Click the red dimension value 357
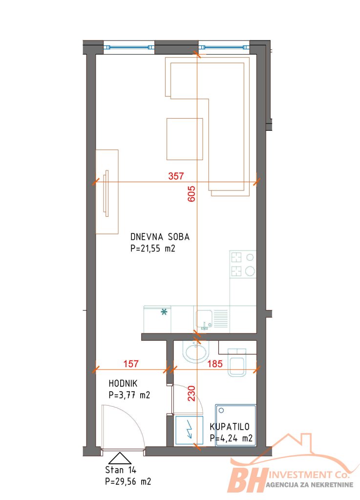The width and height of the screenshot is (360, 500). [x=176, y=176]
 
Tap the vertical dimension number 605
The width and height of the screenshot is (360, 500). [x=191, y=194]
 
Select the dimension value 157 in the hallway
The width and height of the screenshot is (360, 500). [x=131, y=363]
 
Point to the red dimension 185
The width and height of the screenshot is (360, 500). [x=215, y=363]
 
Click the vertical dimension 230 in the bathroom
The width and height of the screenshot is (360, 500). [x=191, y=393]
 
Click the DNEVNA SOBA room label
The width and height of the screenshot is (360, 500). [x=160, y=237]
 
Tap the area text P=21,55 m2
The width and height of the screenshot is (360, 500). [x=153, y=249]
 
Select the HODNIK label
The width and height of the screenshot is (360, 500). [x=123, y=383]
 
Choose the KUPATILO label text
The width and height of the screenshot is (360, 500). [x=230, y=427]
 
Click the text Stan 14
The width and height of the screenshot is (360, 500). [x=121, y=470]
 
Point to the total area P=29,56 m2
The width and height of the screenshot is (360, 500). [x=128, y=481]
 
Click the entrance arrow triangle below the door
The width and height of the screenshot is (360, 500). [x=120, y=458]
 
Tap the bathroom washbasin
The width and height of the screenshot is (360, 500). [x=195, y=352]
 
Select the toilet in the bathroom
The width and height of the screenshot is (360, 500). [x=237, y=363]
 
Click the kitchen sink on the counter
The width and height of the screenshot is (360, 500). [x=204, y=319]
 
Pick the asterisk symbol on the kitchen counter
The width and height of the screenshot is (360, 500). [x=164, y=312]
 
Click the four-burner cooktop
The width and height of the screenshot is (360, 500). [x=243, y=264]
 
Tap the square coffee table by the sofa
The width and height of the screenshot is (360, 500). [x=185, y=139]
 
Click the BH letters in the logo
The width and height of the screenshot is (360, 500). [x=247, y=479]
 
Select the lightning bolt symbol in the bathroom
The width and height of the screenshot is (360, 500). [x=189, y=429]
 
